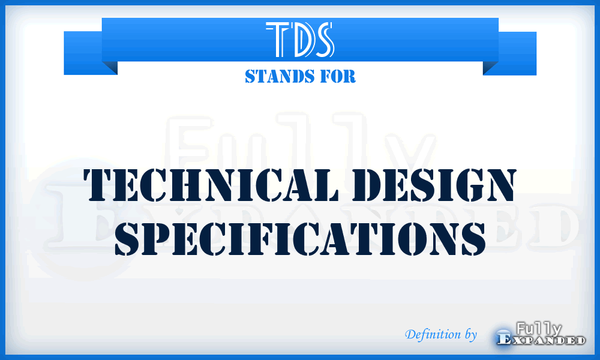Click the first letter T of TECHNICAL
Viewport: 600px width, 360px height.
coord(101,184)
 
